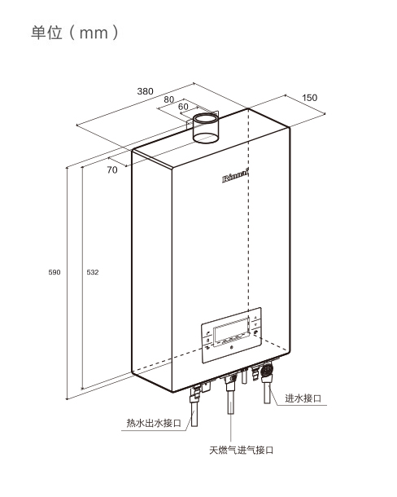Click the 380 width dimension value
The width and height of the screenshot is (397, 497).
145,91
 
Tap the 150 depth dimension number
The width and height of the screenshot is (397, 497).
310,98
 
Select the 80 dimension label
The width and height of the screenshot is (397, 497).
169,99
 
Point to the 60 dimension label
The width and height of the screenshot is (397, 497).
183,107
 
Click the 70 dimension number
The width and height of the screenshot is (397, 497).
112,170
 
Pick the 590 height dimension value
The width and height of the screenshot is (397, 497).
55,272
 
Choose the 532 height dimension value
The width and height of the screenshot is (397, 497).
93,272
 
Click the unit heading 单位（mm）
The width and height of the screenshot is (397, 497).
75,33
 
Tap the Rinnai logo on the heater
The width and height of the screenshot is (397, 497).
235,177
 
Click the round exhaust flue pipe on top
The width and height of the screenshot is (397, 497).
206,128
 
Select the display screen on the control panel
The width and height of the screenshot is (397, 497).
232,331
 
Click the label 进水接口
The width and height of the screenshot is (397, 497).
303,398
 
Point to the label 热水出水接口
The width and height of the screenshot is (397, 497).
154,423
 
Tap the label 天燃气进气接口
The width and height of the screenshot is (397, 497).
242,450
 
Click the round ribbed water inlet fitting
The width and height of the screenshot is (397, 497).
268,370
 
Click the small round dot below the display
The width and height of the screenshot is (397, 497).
231,348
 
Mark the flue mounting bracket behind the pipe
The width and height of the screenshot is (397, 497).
203,118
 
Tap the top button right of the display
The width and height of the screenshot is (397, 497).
255,317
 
